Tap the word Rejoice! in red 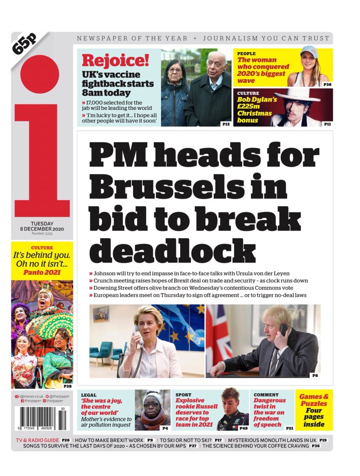[x=115, y=60]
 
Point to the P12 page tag [x=226, y=124]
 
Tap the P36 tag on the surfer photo [x=327, y=84]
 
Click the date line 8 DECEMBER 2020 [x=42, y=229]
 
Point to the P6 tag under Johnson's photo [x=315, y=375]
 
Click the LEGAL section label [x=88, y=395]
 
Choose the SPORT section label [x=183, y=395]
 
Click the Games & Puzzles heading [x=314, y=400]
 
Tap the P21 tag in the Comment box [x=289, y=428]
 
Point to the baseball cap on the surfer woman [x=309, y=52]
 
